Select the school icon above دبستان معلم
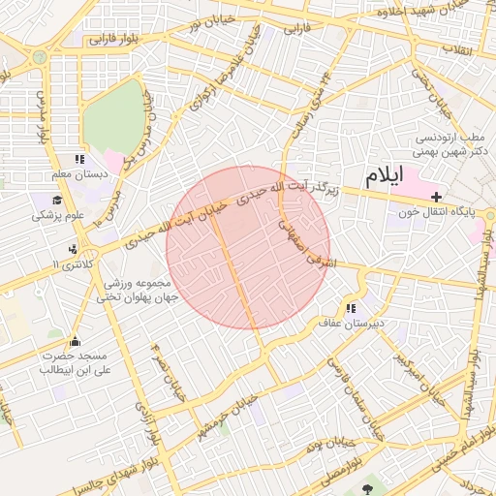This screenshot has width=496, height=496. pyautogui.click(x=78, y=160)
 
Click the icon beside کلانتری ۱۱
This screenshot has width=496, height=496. pyautogui.click(x=73, y=248)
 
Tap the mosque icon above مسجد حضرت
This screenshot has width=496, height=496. pyautogui.click(x=75, y=341)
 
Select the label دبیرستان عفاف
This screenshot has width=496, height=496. pyautogui.click(x=354, y=322)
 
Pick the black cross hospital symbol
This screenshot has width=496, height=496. pyautogui.click(x=435, y=197)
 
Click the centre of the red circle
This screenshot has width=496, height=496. pyautogui.click(x=248, y=248)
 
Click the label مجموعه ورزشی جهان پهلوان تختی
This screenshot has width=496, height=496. pyautogui.click(x=136, y=291)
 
